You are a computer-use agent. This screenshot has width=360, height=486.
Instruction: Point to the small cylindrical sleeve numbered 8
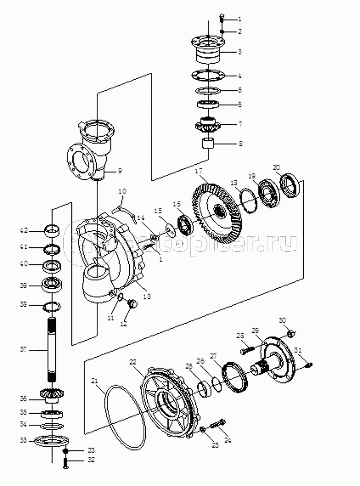[209, 143]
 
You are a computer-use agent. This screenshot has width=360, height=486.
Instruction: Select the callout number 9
[120, 171]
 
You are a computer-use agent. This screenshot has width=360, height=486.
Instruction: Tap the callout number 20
[276, 167]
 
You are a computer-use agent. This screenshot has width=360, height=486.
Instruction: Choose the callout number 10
[121, 191]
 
